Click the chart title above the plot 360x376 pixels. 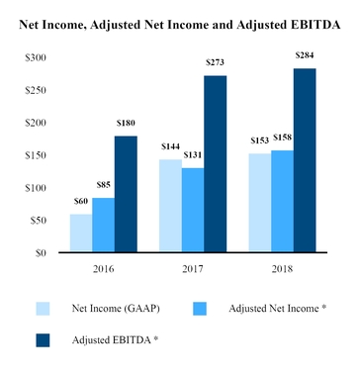coord(180,24)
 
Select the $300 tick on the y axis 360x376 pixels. coord(35,58)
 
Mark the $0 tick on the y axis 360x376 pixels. coord(41,253)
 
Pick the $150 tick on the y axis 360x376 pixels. coord(35,155)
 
